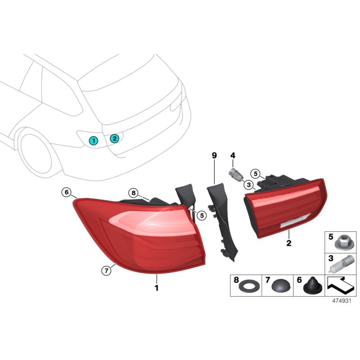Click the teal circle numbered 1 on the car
click(x=93, y=140)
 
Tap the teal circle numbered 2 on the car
click(x=114, y=138)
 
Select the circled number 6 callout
click(x=67, y=193)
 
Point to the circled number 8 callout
click(x=133, y=193)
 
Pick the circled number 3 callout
click(x=248, y=184)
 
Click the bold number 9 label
click(x=214, y=156)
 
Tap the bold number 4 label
click(x=233, y=156)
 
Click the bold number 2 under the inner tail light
click(x=289, y=243)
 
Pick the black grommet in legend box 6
click(x=310, y=285)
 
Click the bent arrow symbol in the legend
click(x=340, y=285)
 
